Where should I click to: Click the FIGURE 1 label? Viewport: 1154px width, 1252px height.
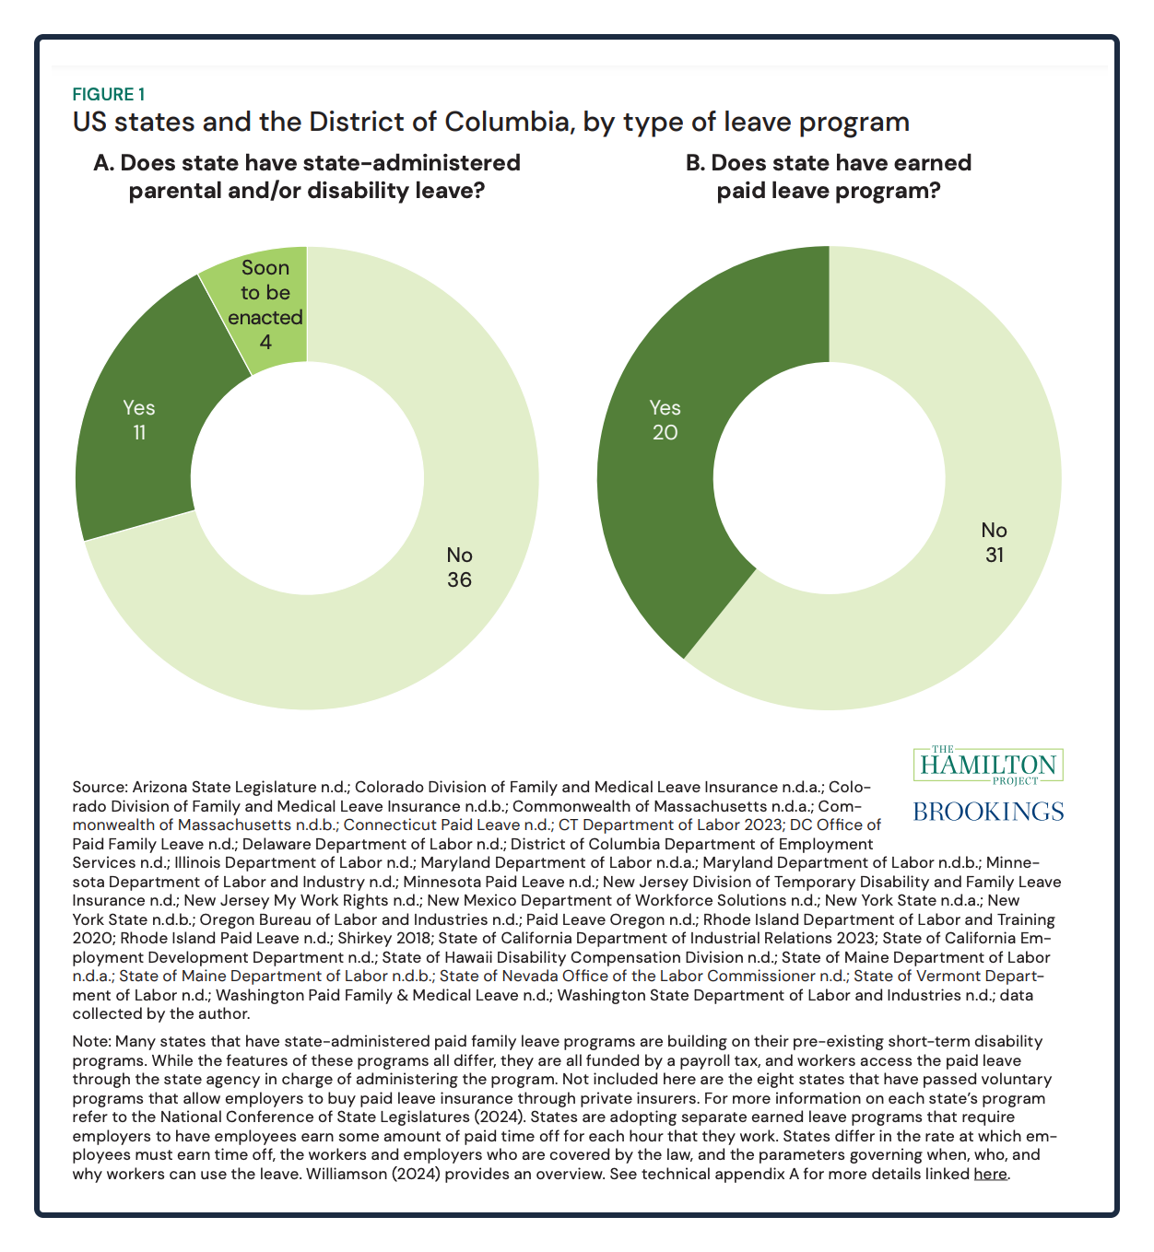tap(109, 94)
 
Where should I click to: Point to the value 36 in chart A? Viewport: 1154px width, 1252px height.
tap(459, 579)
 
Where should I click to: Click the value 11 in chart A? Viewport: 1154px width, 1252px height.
tap(139, 432)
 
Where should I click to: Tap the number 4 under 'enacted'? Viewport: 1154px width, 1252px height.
tap(265, 342)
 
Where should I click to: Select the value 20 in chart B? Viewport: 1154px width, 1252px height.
tap(665, 432)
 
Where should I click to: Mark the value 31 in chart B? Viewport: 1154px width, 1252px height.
tap(995, 555)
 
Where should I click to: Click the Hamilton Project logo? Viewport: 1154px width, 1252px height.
tap(988, 766)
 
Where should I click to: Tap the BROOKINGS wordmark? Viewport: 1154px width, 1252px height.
tap(988, 812)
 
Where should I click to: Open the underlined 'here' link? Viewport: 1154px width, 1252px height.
tap(990, 1174)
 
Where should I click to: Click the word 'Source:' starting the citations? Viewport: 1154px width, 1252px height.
tap(100, 787)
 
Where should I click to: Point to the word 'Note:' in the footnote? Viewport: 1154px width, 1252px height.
tap(92, 1042)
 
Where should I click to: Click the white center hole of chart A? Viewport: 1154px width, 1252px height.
tap(307, 479)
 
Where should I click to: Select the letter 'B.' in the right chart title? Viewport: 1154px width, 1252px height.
tap(695, 163)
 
